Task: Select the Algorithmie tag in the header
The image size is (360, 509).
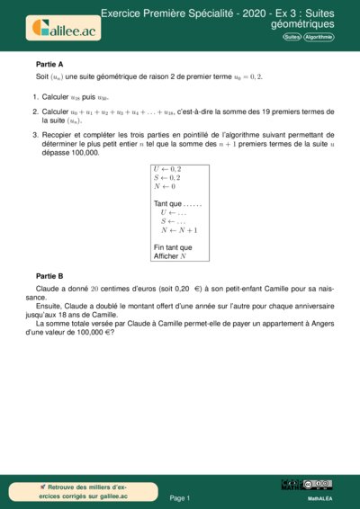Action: [x=319, y=37]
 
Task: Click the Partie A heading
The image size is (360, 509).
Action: [x=49, y=65]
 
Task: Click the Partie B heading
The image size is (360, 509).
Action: [x=49, y=275]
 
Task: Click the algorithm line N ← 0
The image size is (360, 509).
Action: [x=165, y=186]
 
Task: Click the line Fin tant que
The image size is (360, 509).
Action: [x=173, y=247]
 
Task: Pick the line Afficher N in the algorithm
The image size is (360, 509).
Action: [x=170, y=256]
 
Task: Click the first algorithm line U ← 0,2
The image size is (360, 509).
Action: [x=167, y=168]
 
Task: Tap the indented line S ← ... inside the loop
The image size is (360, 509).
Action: [x=174, y=220]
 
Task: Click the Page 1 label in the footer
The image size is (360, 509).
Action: [x=180, y=497]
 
